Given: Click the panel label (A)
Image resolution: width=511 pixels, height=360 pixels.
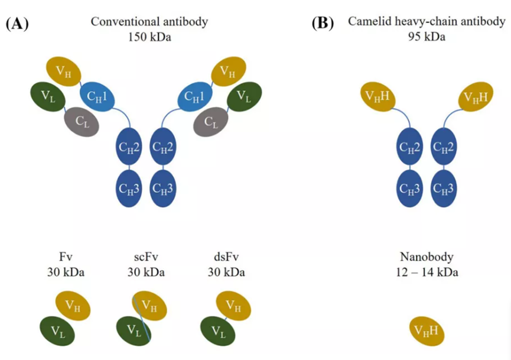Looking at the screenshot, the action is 17,24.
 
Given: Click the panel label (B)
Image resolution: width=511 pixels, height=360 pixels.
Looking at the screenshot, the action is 323,24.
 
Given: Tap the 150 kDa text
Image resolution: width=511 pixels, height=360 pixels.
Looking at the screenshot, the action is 149,37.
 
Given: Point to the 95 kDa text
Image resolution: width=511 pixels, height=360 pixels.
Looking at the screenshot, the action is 427,37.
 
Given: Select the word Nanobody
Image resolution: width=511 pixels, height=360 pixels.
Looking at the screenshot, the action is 427,257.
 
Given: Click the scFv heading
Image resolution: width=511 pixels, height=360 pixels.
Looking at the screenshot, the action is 146,257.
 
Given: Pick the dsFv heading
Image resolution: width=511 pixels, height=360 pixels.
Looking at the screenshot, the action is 226,257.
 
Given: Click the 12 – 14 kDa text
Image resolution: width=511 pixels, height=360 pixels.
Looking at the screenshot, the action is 427,272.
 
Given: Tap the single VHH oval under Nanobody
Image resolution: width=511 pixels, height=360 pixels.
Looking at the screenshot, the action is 427,331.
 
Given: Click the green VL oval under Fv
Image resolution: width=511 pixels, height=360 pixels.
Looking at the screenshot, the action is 57,331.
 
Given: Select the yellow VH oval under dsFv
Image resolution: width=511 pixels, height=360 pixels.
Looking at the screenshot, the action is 234,306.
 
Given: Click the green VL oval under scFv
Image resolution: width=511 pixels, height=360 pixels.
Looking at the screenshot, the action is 134,330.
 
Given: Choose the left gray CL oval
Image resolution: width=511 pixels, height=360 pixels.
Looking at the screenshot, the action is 82,122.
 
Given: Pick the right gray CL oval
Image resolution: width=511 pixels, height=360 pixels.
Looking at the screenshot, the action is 210,122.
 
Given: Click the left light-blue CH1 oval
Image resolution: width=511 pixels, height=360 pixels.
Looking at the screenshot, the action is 97,96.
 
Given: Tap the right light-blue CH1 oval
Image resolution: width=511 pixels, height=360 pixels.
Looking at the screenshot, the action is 195,96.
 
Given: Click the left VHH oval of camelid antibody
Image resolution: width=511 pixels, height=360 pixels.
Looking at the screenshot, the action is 378,96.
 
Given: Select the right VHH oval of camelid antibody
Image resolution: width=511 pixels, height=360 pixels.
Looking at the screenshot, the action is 476,96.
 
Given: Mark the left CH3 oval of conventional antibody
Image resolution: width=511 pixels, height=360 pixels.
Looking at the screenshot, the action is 129,189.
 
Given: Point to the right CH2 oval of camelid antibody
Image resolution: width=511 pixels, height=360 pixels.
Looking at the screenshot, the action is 444,147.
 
